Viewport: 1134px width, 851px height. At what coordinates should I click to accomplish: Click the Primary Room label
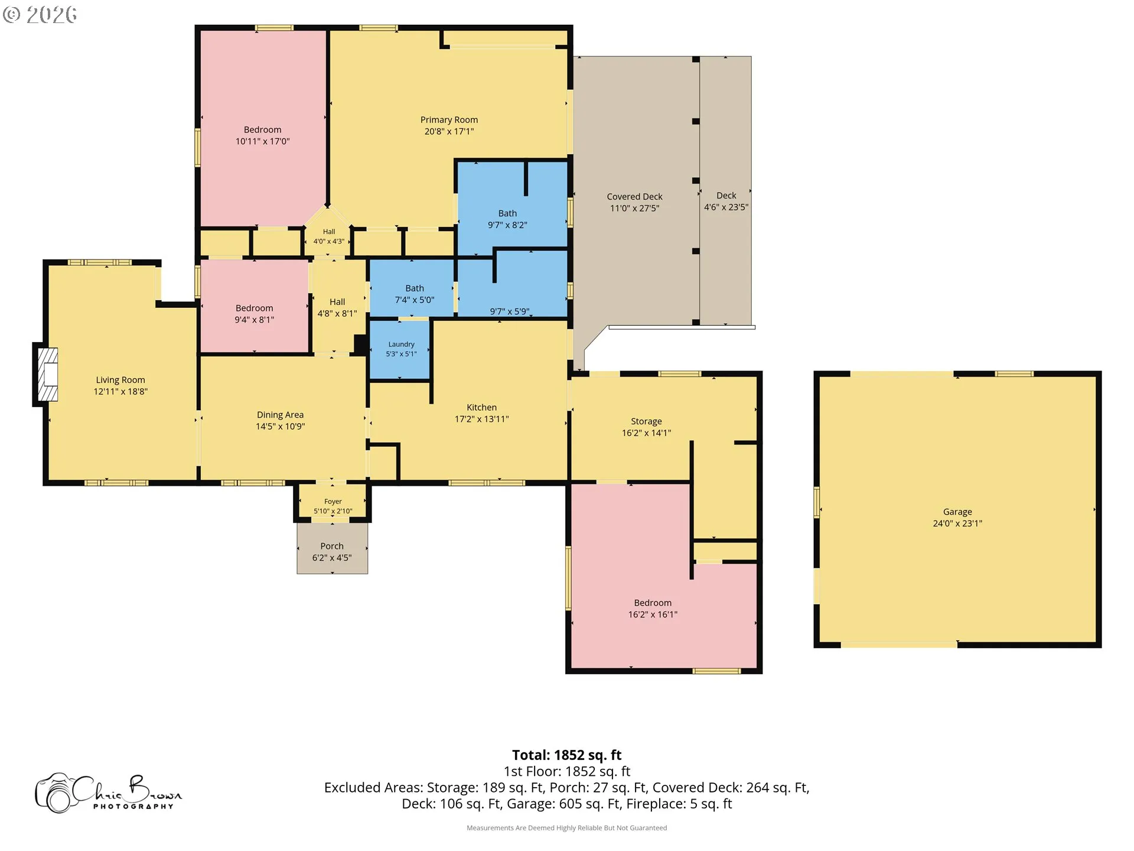pyautogui.click(x=449, y=120)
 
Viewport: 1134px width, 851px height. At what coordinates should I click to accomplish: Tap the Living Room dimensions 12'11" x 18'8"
pyautogui.click(x=120, y=392)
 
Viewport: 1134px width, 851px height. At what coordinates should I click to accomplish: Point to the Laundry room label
pyautogui.click(x=401, y=345)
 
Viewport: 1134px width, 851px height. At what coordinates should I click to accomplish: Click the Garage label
pyautogui.click(x=957, y=512)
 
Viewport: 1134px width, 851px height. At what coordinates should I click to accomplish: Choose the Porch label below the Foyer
pyautogui.click(x=332, y=546)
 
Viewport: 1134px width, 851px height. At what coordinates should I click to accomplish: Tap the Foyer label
pyautogui.click(x=333, y=502)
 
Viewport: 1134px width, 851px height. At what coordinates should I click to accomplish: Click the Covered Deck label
pyautogui.click(x=634, y=197)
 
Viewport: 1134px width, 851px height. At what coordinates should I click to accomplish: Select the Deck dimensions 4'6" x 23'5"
pyautogui.click(x=726, y=207)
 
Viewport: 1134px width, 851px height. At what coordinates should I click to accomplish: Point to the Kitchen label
pyautogui.click(x=481, y=408)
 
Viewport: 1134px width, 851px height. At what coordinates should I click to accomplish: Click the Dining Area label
pyautogui.click(x=280, y=415)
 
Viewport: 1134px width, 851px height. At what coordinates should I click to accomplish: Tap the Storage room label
pyautogui.click(x=646, y=421)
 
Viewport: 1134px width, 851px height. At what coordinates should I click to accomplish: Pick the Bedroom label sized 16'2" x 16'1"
pyautogui.click(x=653, y=603)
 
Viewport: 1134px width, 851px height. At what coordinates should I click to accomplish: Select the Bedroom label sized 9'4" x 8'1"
pyautogui.click(x=254, y=308)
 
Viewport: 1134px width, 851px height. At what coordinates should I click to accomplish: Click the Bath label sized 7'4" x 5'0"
pyautogui.click(x=415, y=288)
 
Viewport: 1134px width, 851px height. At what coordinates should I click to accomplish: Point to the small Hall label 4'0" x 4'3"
pyautogui.click(x=329, y=232)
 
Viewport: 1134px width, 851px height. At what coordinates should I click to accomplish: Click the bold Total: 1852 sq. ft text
pyautogui.click(x=566, y=755)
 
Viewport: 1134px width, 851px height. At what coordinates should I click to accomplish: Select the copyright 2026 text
pyautogui.click(x=40, y=15)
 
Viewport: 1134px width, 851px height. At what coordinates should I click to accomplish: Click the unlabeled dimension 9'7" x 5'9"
pyautogui.click(x=509, y=311)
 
